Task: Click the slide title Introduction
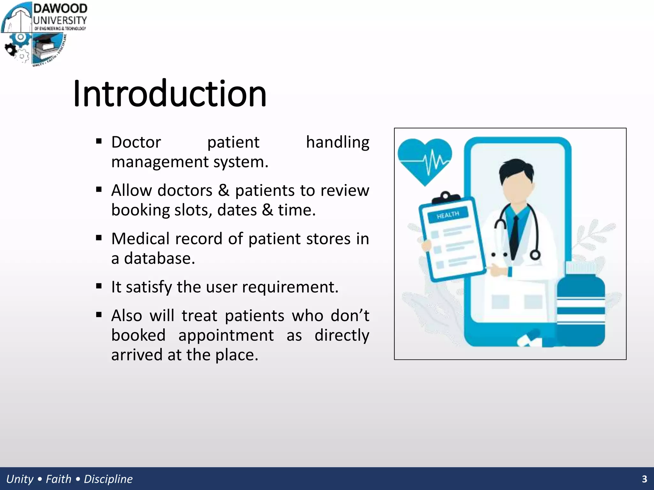170,94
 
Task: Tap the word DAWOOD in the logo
60,9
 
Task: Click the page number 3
644,479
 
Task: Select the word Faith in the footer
58,479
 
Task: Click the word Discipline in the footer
108,479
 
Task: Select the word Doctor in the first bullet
136,142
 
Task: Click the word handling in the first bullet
337,142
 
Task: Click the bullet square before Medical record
99,238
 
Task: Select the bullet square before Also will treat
99,315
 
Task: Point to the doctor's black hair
516,171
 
